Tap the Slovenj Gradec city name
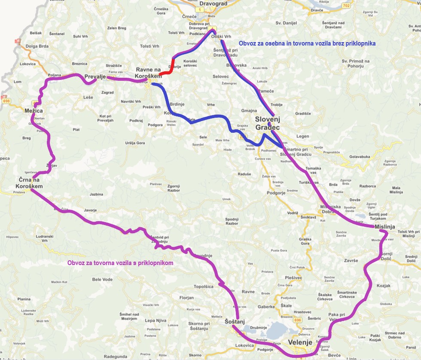point(267,123)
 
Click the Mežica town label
point(34,111)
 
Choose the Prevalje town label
point(95,77)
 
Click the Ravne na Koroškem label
point(149,73)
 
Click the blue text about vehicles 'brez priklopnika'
point(307,43)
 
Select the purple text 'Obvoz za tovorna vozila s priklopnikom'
point(120,262)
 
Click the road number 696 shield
point(299,320)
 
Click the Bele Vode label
point(102,279)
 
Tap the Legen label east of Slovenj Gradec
point(302,136)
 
